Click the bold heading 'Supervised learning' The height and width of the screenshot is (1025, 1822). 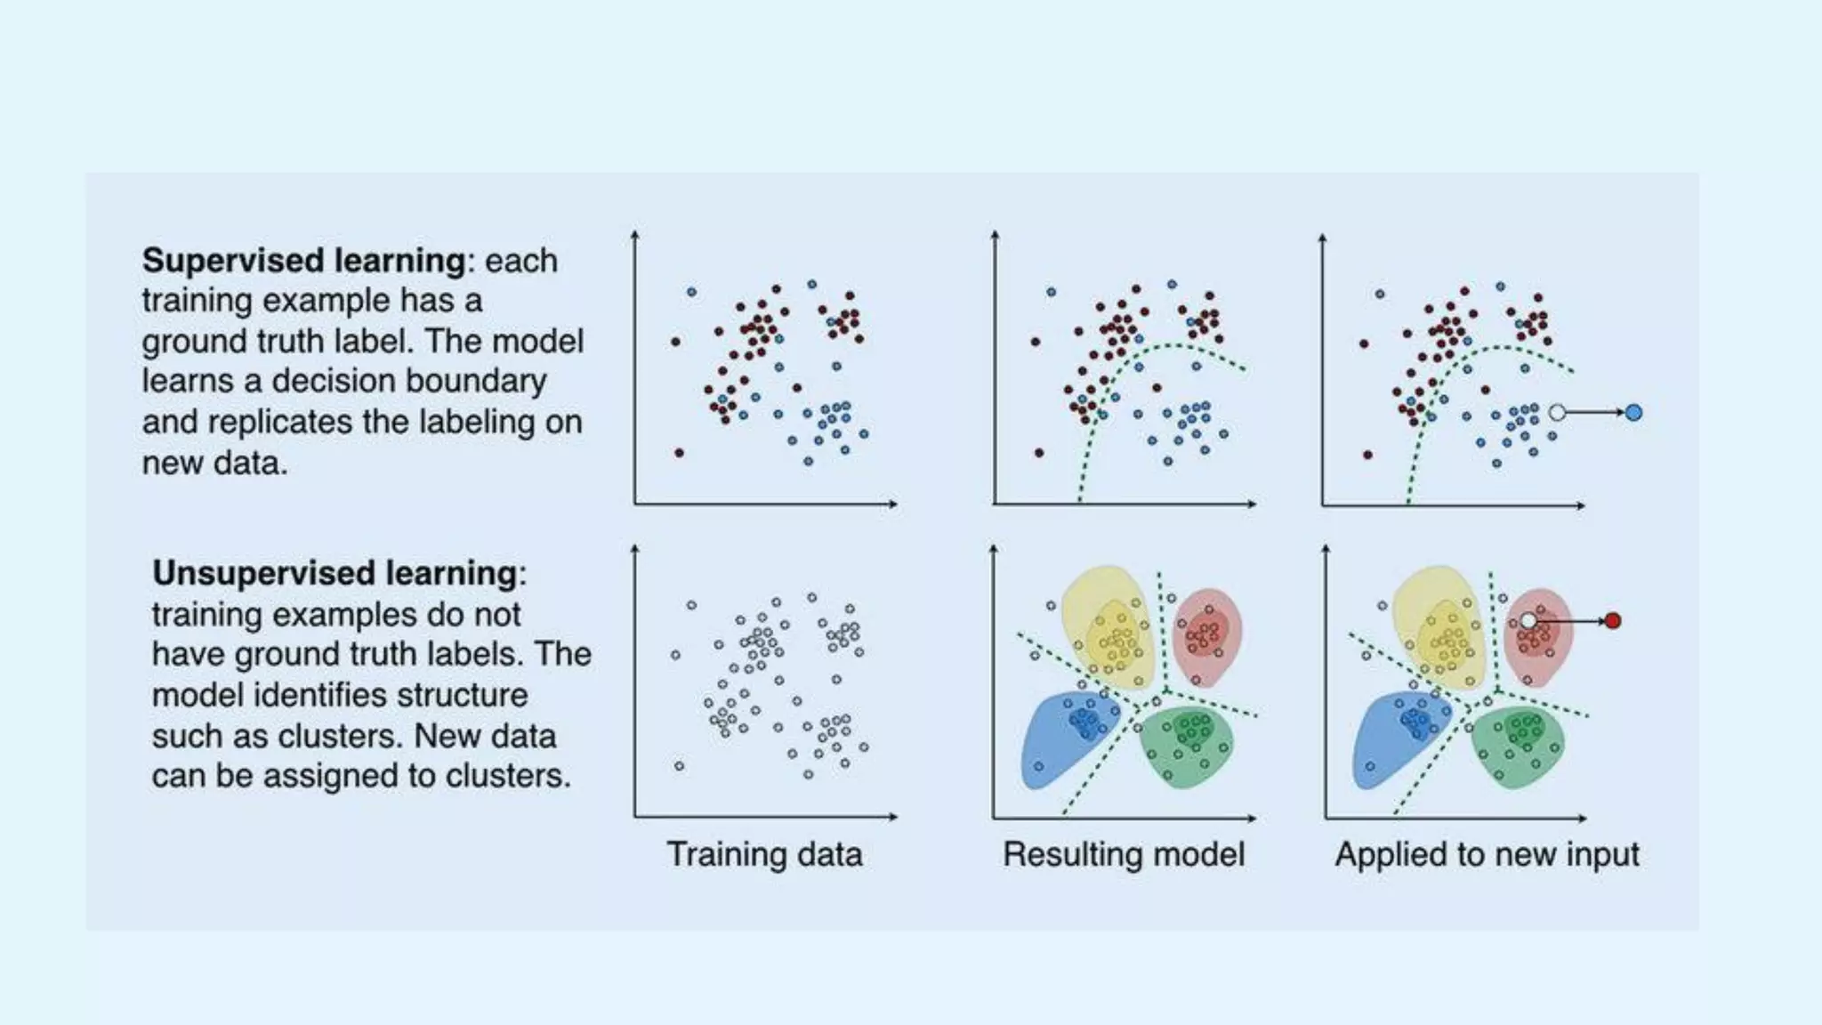coord(303,261)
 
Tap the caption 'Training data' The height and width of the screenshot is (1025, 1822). coord(764,854)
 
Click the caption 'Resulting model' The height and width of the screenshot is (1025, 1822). coord(1124,854)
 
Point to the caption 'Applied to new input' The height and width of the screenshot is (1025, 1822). coord(1487,854)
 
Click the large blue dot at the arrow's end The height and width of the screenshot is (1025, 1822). coord(1633,413)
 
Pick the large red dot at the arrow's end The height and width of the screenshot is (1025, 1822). coord(1612,621)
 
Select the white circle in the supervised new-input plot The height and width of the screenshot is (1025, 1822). coord(1557,413)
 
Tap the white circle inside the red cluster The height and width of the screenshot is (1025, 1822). coord(1528,620)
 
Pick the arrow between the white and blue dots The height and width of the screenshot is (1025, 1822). coord(1594,413)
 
